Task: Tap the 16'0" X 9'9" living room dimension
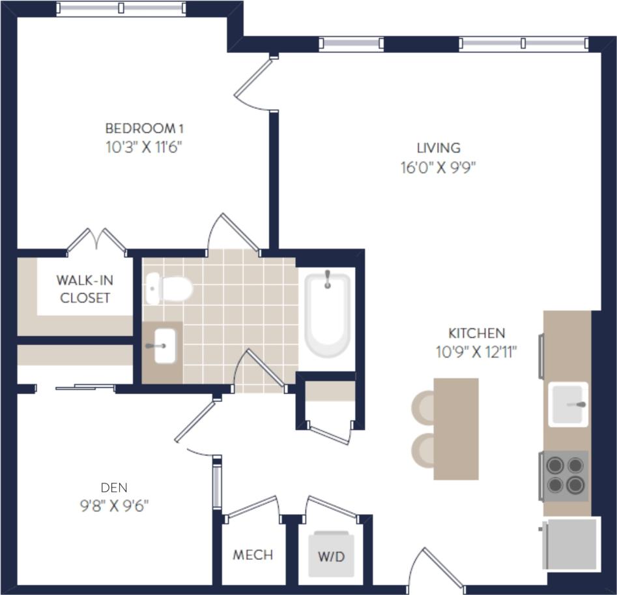(438, 168)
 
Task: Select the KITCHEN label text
(476, 333)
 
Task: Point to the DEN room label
(114, 487)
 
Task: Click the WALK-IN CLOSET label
(84, 289)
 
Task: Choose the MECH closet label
(253, 555)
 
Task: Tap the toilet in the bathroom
(169, 288)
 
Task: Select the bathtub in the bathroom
(328, 314)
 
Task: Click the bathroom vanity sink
(164, 346)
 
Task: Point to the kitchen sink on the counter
(567, 404)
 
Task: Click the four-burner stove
(565, 476)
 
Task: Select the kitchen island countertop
(456, 429)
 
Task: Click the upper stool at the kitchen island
(423, 406)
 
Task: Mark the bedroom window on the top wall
(121, 8)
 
